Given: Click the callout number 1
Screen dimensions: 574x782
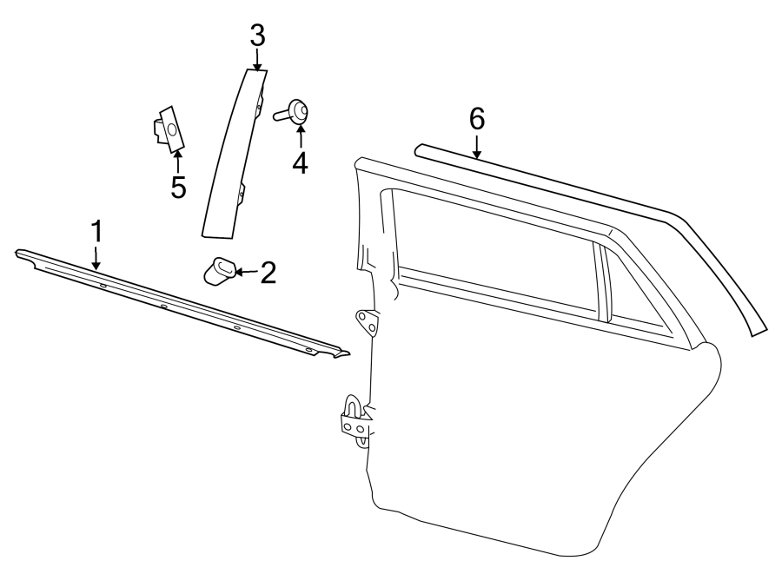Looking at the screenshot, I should [x=97, y=232].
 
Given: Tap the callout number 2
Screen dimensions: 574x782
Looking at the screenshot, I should [x=268, y=273].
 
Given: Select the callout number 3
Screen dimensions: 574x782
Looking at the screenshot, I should [x=257, y=36].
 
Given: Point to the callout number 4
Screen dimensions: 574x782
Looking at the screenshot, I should [x=300, y=162].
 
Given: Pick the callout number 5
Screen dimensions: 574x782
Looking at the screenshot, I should [x=178, y=187].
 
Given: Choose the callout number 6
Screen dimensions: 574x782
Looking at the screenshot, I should [x=477, y=119].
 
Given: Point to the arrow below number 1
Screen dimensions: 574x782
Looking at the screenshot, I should [x=97, y=256].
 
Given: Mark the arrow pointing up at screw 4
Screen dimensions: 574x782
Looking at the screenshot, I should [x=300, y=135].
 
